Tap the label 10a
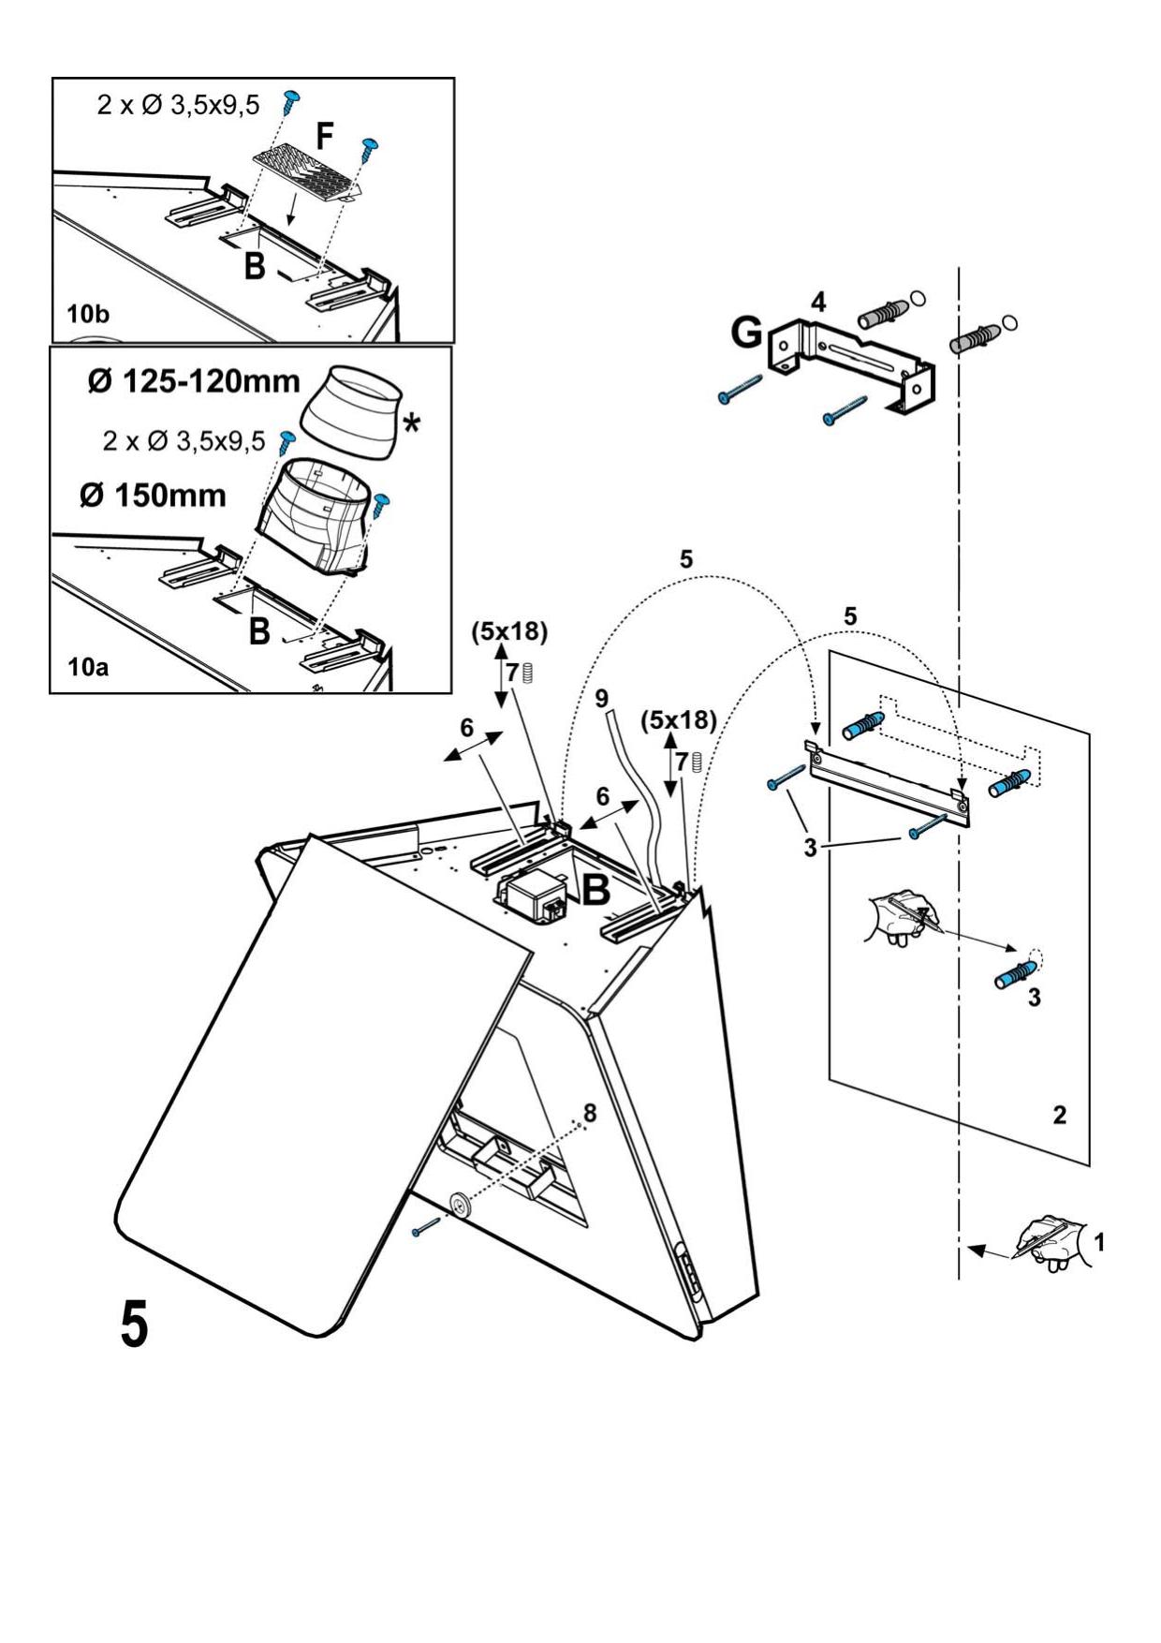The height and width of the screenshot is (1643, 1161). pos(87,667)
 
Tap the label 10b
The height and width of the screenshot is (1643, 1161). pos(87,316)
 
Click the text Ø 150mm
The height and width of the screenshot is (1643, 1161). pos(153,495)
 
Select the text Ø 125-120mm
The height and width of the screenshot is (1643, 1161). pos(195,381)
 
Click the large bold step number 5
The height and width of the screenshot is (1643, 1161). pos(134,1324)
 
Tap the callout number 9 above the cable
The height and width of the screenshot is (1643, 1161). pos(601,698)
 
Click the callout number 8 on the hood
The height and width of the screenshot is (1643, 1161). pos(589,1112)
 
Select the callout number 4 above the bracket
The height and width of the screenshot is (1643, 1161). pos(818,302)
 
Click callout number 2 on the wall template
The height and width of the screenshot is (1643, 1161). pos(1059,1115)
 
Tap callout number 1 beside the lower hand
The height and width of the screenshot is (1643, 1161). pos(1099,1242)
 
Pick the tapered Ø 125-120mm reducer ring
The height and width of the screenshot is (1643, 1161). pos(348,413)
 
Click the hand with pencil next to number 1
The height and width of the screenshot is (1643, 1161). pos(1051,1242)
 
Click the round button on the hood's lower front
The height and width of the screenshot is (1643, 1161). pos(460,1206)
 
